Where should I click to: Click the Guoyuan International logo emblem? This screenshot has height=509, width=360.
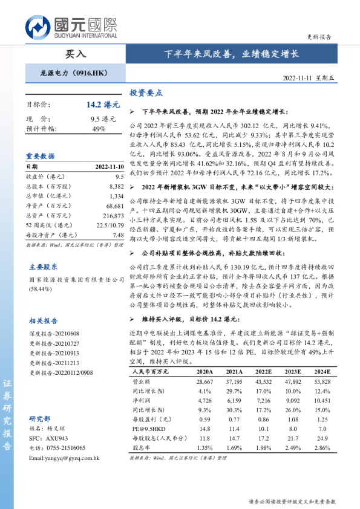38,27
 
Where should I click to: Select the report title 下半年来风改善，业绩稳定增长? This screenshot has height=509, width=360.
232,54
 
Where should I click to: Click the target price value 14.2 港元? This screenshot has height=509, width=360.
100,105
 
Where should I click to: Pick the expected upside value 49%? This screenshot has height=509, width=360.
99,129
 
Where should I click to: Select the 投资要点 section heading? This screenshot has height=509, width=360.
146,93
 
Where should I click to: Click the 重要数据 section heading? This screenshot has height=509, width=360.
41,155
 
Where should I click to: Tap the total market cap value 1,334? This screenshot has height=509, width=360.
117,196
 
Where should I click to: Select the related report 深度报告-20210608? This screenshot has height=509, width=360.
54,334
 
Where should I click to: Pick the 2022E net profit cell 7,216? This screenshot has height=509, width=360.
263,401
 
